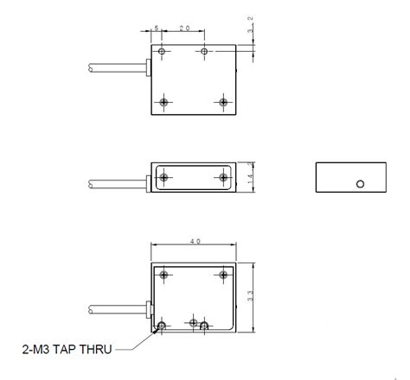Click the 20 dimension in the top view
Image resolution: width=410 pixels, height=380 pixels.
[184, 28]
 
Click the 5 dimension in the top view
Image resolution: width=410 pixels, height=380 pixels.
[157, 28]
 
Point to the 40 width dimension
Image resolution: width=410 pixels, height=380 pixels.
[195, 242]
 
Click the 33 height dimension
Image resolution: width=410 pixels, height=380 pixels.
[251, 295]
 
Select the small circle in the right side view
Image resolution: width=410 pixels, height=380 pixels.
[361, 183]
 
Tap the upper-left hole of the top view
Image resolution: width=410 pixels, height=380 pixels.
[162, 53]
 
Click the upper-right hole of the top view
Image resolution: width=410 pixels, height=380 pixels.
[204, 53]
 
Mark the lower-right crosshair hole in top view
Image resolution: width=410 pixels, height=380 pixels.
[223, 102]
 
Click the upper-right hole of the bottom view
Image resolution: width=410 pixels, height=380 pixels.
[223, 275]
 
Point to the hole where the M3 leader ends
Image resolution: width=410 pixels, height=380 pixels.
[162, 326]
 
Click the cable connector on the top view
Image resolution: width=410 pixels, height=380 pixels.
[148, 66]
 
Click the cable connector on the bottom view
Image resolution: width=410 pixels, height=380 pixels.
[148, 308]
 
